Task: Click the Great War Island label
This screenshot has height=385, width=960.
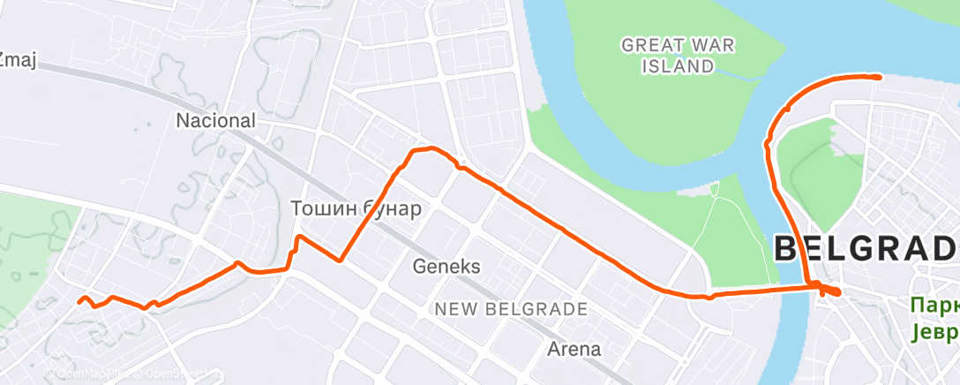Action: [679, 55]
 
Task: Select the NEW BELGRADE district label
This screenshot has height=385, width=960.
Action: [510, 310]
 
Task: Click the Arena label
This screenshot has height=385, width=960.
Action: [574, 350]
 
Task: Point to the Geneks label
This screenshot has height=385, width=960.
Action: [447, 266]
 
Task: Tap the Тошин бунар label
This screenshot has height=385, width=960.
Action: [356, 209]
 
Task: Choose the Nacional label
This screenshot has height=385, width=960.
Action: [216, 120]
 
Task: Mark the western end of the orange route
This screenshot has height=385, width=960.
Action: [79, 303]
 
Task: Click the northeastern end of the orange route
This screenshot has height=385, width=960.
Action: [880, 77]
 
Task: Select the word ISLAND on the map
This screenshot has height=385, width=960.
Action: [679, 65]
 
